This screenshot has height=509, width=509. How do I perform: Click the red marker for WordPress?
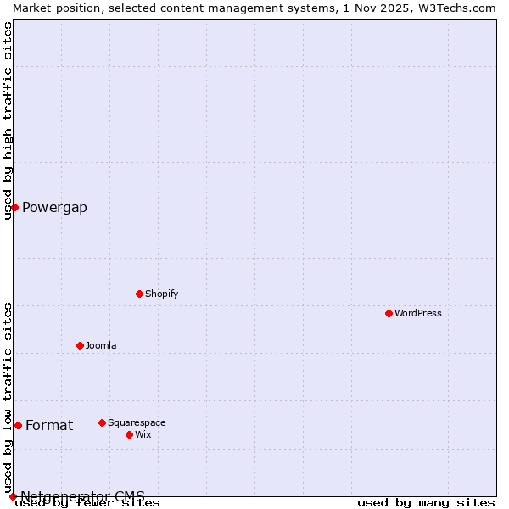pyautogui.click(x=389, y=313)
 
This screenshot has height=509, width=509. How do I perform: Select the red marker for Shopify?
pyautogui.click(x=139, y=294)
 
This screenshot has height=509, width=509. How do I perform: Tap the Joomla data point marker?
pyautogui.click(x=80, y=345)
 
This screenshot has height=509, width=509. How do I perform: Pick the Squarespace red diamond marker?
pyautogui.click(x=102, y=422)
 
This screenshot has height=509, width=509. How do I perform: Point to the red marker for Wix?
pyautogui.click(x=129, y=434)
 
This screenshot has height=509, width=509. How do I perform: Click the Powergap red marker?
pyautogui.click(x=14, y=207)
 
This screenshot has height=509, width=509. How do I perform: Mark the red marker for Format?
pyautogui.click(x=18, y=425)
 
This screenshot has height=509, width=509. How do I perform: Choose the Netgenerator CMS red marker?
pyautogui.click(x=13, y=496)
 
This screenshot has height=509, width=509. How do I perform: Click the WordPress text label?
pyautogui.click(x=418, y=313)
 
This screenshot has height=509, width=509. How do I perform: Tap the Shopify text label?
pyautogui.click(x=161, y=294)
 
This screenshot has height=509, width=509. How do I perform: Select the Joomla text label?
pyautogui.click(x=101, y=345)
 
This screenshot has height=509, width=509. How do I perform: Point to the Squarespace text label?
pyautogui.click(x=137, y=422)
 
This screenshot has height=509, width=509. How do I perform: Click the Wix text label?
pyautogui.click(x=143, y=434)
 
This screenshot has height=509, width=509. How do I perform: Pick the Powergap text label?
pyautogui.click(x=54, y=208)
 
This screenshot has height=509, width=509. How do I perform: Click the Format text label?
pyautogui.click(x=49, y=426)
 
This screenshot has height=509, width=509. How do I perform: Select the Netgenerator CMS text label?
pyautogui.click(x=82, y=496)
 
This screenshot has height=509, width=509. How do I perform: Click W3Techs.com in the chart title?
pyautogui.click(x=455, y=8)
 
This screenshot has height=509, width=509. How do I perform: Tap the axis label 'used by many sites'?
pyautogui.click(x=426, y=502)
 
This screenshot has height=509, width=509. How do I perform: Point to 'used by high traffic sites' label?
pyautogui.click(x=8, y=120)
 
